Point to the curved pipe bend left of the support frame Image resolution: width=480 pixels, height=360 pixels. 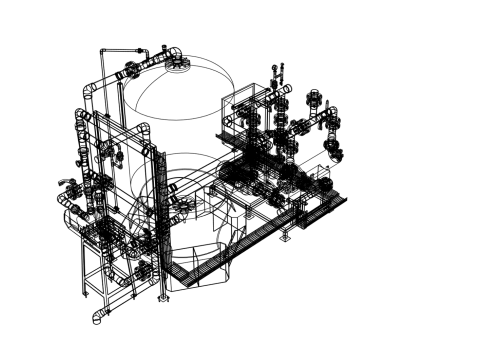point(70,215)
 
